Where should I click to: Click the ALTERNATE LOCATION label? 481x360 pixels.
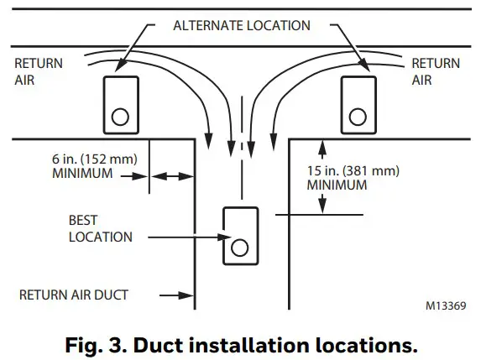click(242, 25)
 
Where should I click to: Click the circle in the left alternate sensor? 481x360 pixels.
click(120, 116)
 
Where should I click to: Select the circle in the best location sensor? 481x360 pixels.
click(240, 247)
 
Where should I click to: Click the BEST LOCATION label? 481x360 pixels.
click(100, 228)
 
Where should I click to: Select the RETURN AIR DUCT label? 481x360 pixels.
click(75, 295)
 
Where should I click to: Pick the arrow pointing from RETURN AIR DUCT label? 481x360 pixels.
click(179, 295)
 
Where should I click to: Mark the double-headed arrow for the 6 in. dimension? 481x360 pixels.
click(172, 176)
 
